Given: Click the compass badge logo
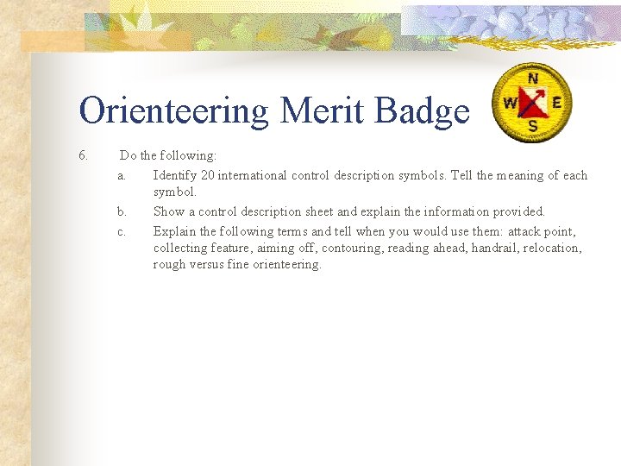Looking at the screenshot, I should point(533,103).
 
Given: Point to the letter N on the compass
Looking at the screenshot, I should point(533,79).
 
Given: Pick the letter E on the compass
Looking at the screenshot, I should point(556,102).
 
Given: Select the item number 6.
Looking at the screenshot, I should point(83,156).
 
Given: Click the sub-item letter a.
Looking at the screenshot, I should point(122,175).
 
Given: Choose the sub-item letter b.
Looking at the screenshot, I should point(122,211).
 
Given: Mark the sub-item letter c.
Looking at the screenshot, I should point(122,231).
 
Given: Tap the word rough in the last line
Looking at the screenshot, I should point(169,265).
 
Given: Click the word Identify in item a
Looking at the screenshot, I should point(175,175).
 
